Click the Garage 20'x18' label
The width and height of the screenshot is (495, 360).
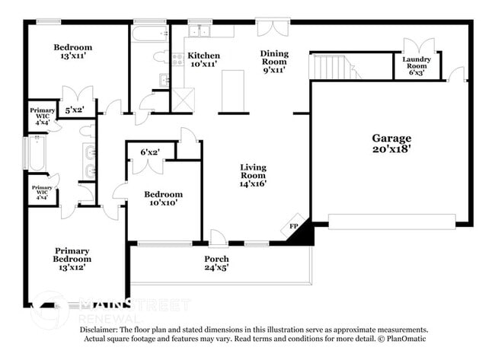tap(391, 144)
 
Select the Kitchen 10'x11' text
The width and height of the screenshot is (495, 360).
tap(203, 60)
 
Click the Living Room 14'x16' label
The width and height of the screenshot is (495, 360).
tap(253, 175)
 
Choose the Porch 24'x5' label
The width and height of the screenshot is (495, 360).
tap(216, 264)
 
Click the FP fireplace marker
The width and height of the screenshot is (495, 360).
tap(294, 227)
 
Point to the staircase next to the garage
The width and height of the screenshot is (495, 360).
tap(334, 65)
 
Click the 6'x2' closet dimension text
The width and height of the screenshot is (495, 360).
tap(150, 151)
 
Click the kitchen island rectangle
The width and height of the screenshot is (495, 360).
tap(232, 89)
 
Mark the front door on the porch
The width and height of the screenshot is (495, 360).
tap(219, 239)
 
